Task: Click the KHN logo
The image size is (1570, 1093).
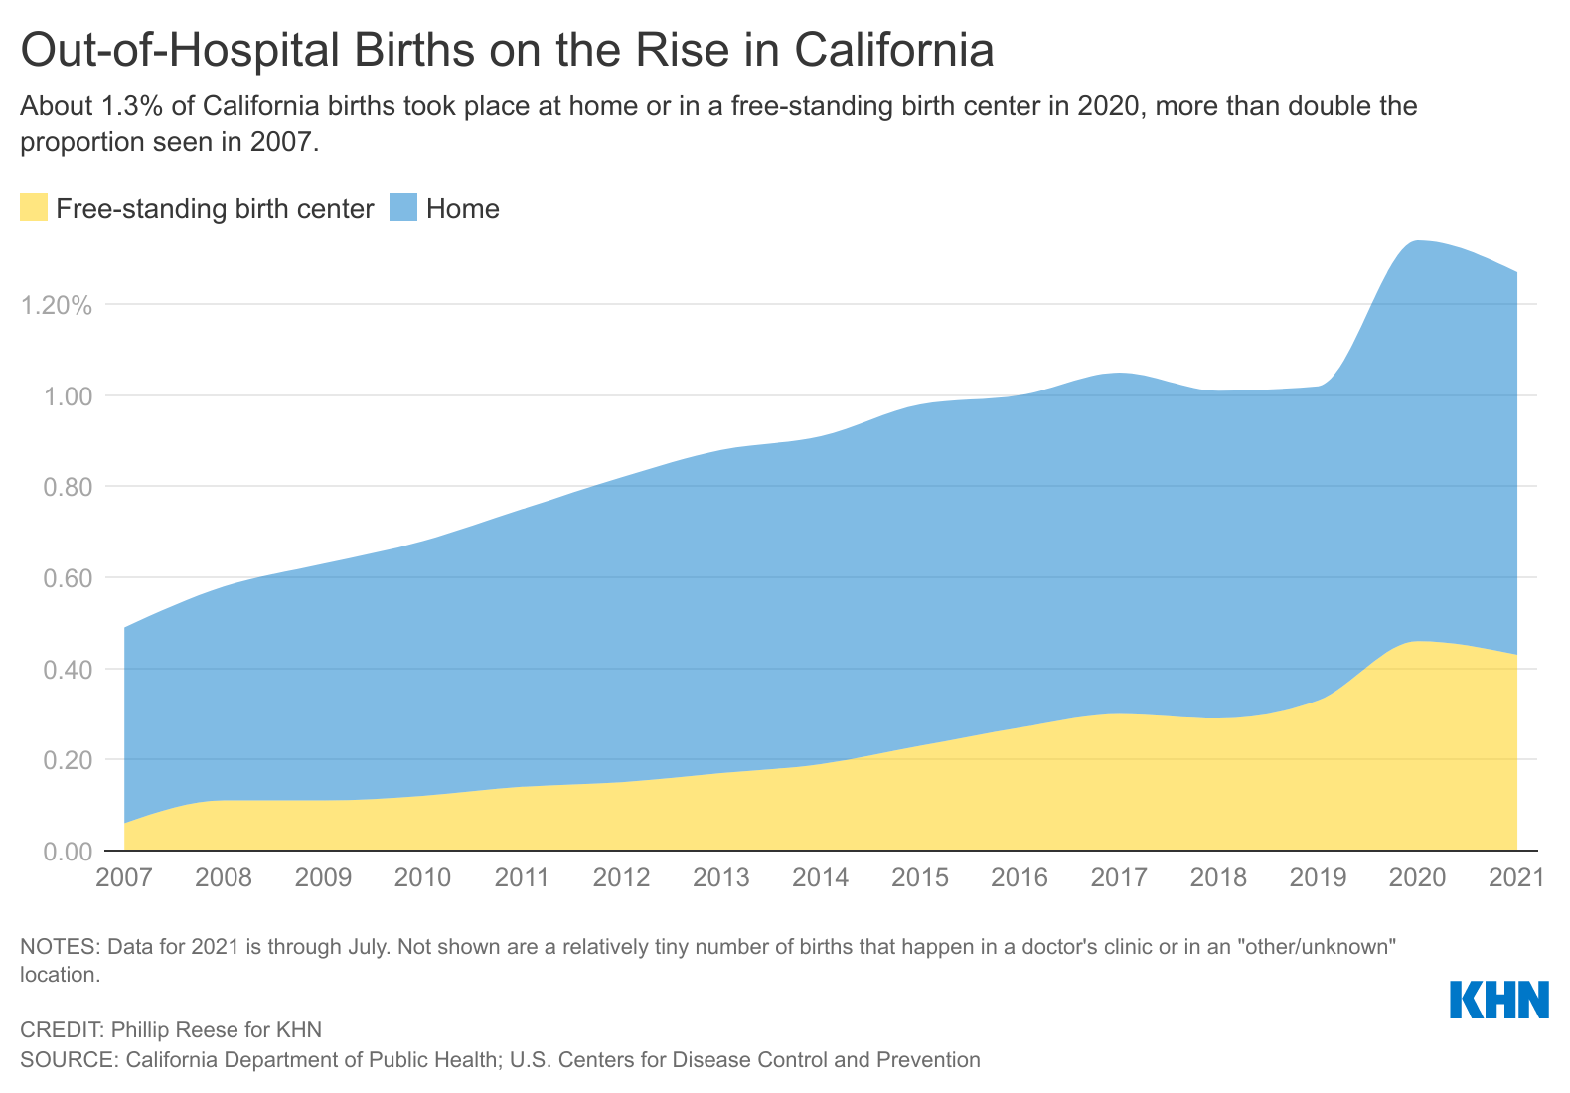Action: tap(1499, 1000)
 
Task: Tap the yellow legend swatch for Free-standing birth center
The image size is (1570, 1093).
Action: tap(34, 208)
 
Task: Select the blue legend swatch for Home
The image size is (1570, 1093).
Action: tap(402, 208)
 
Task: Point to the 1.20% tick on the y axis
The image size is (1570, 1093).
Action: tap(57, 305)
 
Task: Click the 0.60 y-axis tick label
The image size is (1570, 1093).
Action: tap(66, 578)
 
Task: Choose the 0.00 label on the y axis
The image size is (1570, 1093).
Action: tap(66, 852)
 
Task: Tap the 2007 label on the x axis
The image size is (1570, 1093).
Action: tap(124, 878)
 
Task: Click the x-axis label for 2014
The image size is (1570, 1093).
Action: tap(821, 878)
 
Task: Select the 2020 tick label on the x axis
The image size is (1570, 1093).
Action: tap(1417, 878)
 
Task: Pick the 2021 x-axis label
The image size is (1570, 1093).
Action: tap(1515, 878)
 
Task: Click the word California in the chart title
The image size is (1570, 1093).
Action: tap(894, 51)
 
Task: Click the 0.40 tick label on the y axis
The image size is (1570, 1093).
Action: tap(66, 670)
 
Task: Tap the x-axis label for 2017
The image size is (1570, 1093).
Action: tap(1119, 878)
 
